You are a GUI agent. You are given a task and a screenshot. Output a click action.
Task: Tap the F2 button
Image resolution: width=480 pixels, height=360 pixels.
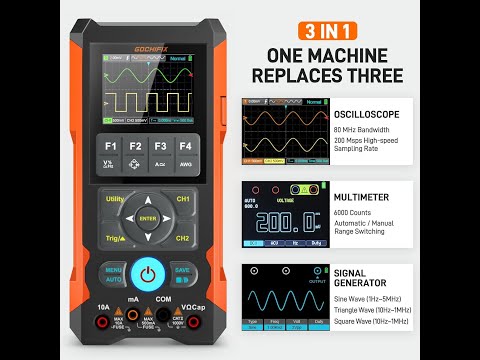coord(135,151)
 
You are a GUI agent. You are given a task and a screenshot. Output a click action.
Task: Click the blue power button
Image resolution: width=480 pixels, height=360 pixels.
coord(148,273)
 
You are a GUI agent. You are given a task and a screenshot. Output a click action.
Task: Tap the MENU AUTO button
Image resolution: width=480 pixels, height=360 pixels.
coord(113,273)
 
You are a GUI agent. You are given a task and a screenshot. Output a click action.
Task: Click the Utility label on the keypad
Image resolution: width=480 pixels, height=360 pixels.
coord(114,200)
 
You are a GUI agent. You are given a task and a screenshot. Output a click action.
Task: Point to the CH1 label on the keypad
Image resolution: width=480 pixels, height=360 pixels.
coord(183,200)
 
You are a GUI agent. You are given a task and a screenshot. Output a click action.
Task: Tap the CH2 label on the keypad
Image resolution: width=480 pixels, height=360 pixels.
coord(183,239)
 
